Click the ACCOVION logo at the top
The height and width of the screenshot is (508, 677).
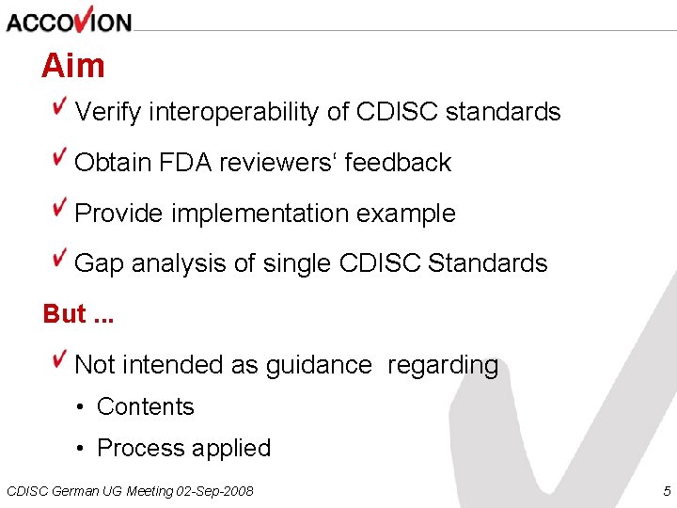coord(69,20)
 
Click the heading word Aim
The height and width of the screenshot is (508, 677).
coord(72,66)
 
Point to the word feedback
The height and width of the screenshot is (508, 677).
coord(398,163)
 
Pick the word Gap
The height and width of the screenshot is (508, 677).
coord(99,264)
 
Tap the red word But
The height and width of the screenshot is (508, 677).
coord(64,314)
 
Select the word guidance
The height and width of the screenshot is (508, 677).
coord(319,365)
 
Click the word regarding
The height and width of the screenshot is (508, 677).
coord(443,365)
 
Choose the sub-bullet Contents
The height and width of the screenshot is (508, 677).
coord(145,406)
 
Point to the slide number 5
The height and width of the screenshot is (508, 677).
coord(667,491)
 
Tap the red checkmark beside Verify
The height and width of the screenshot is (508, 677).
coord(60,105)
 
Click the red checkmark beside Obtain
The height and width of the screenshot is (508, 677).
coord(60,156)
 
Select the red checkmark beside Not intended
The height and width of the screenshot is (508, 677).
coord(60,358)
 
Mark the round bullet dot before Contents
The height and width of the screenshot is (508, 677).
coord(82,407)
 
